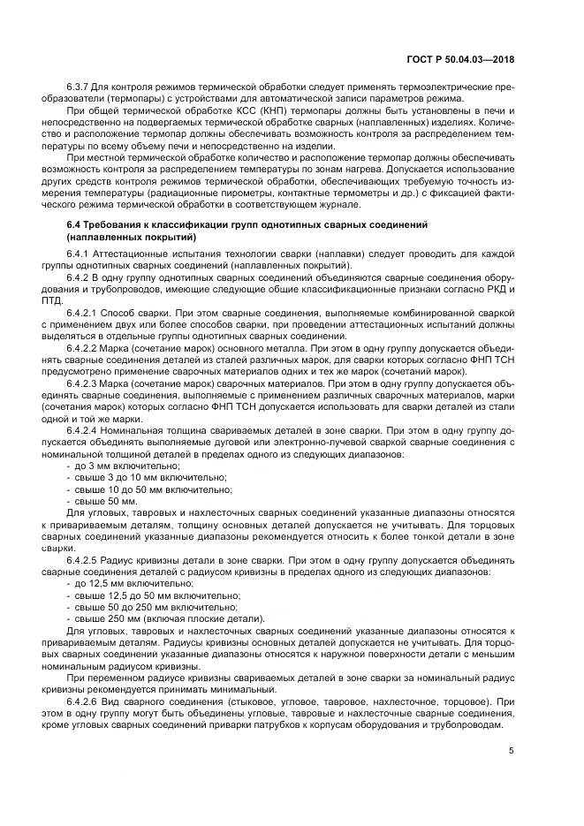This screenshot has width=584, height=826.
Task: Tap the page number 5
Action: click(x=512, y=751)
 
